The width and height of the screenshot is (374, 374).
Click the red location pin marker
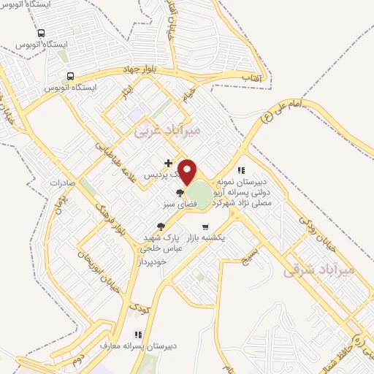tap(188, 172)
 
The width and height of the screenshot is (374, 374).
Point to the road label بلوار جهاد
tap(140, 69)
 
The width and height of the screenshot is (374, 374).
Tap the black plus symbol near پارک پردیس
tap(169, 163)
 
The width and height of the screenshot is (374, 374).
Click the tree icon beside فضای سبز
tap(180, 193)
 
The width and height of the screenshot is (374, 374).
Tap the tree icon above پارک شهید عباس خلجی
tap(161, 226)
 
